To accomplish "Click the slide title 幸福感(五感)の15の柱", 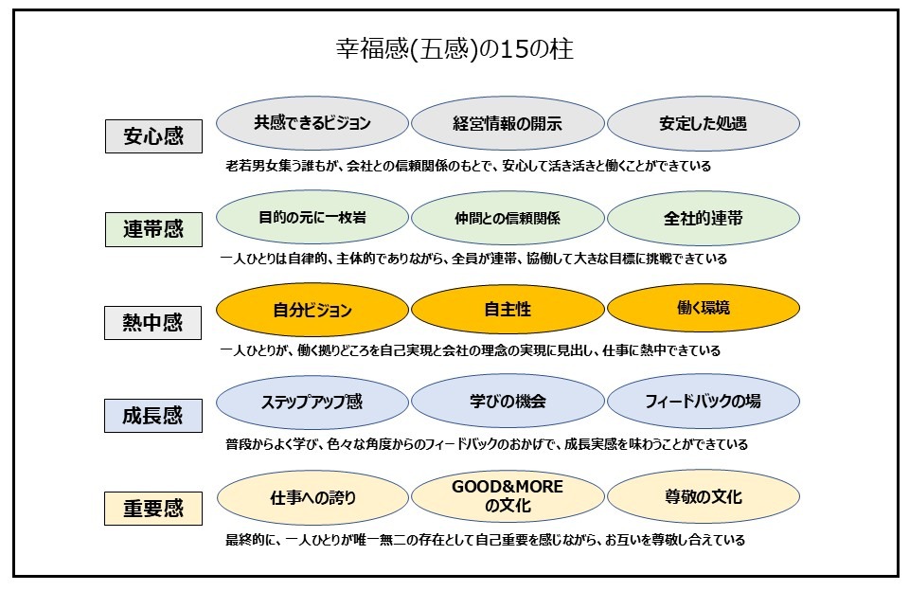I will [x=454, y=50].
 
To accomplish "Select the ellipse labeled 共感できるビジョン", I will [x=312, y=123].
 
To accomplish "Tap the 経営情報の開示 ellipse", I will [x=508, y=123].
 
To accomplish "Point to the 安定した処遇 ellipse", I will [x=703, y=123].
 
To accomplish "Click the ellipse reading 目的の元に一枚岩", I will [x=312, y=217].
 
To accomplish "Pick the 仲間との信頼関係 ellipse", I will [x=508, y=217].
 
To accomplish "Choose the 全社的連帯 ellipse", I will [x=703, y=217].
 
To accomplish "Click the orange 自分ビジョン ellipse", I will [x=312, y=310].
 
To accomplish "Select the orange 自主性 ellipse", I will [x=508, y=310].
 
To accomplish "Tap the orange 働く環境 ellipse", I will [x=703, y=309].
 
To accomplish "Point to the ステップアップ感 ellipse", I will [x=312, y=402].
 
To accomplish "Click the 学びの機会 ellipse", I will [x=508, y=402].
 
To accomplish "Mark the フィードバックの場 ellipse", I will [x=703, y=402].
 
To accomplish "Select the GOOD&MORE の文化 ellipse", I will [x=508, y=496].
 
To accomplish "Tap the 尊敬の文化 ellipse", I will [x=703, y=496].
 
